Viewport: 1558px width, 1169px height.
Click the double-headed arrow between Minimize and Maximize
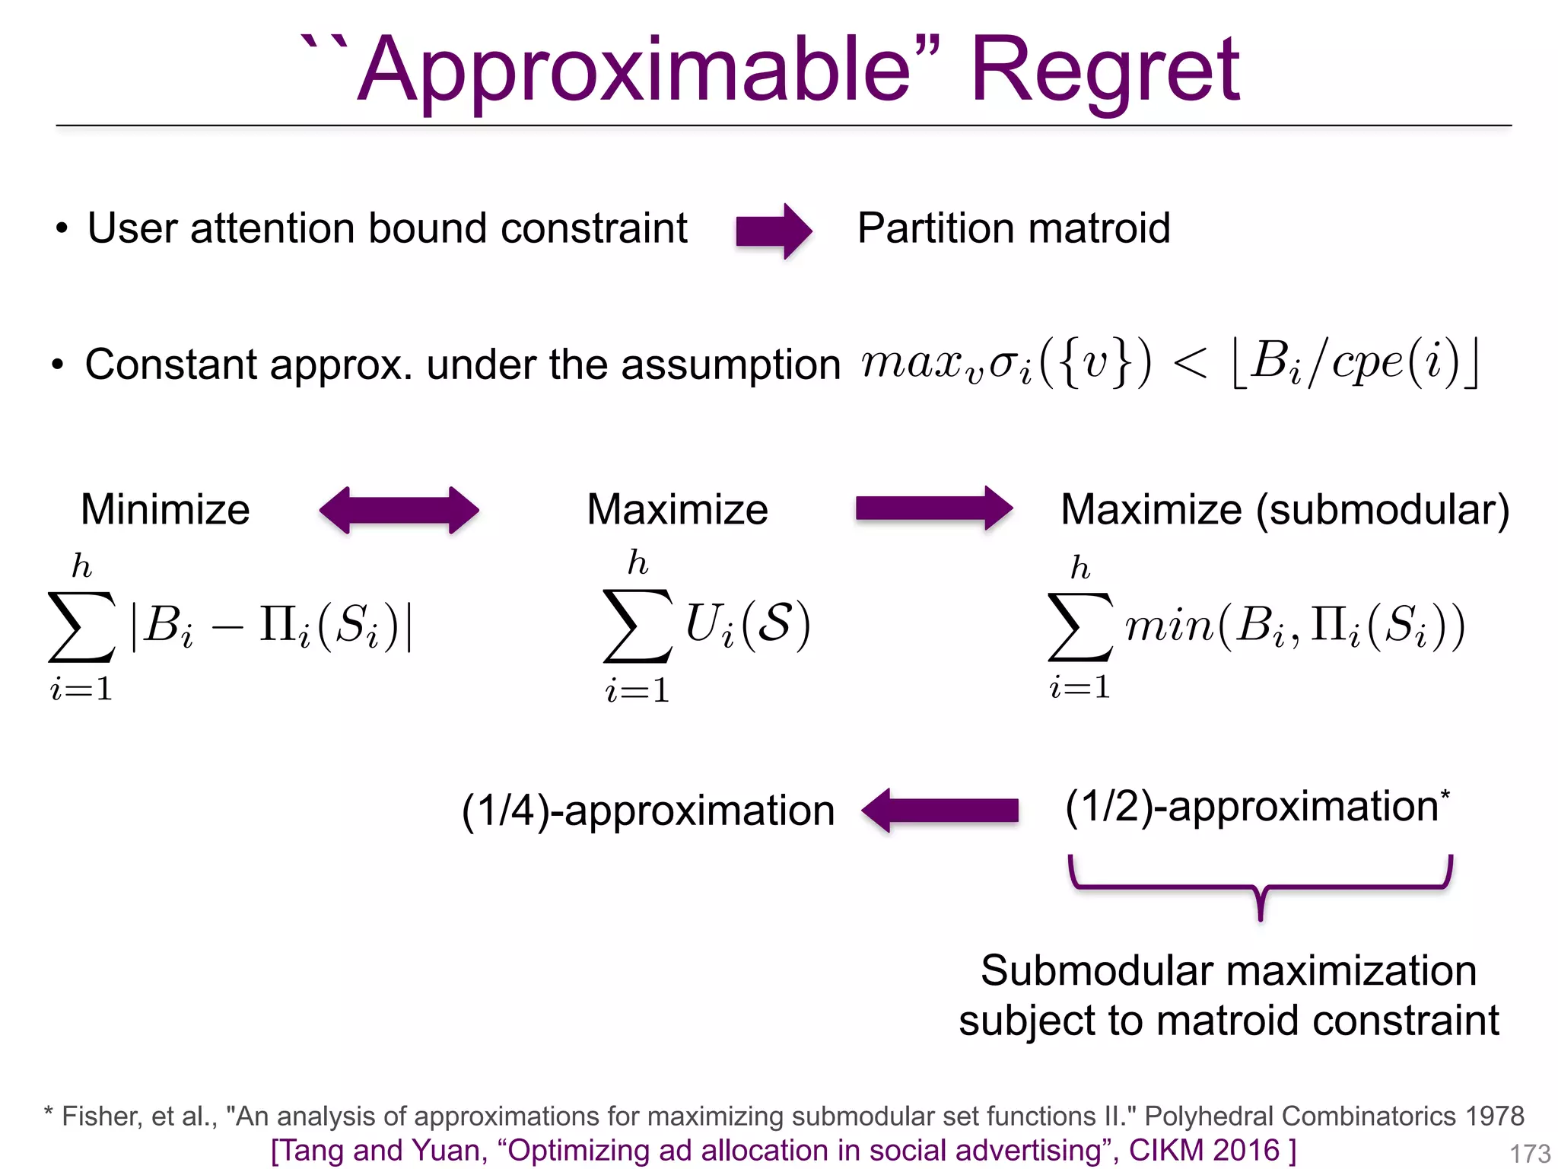point(399,510)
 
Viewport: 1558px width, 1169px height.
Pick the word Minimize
point(165,509)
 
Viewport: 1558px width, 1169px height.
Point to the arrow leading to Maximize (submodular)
point(933,508)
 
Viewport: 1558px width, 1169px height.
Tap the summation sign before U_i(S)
point(638,626)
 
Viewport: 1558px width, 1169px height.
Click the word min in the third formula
point(1169,627)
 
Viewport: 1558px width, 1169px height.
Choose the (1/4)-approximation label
point(648,811)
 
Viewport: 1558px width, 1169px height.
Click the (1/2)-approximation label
point(1251,806)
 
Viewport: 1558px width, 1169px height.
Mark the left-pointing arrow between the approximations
point(940,811)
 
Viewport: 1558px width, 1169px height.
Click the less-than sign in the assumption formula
point(1190,364)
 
